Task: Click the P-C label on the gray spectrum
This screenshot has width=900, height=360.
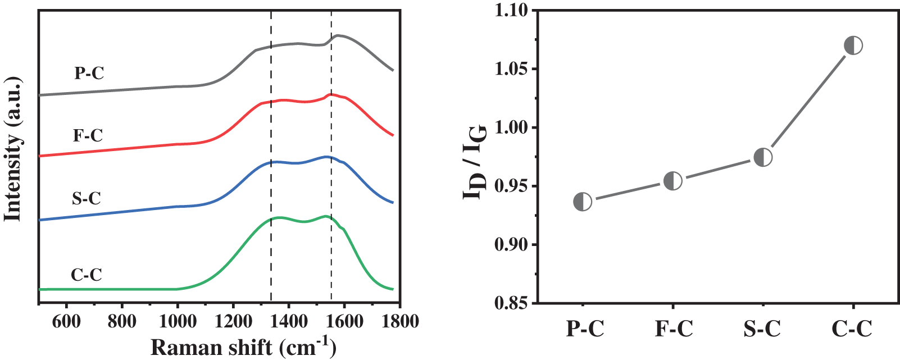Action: pos(89,73)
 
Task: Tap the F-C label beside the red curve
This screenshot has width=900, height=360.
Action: pos(88,135)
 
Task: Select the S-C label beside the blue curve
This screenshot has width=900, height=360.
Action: pos(87,198)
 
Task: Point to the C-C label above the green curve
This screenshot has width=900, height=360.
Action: pos(87,275)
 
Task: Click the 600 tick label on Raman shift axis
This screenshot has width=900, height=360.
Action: pos(66,321)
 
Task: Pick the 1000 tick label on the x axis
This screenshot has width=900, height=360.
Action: pos(177,321)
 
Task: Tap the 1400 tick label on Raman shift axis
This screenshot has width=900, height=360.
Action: pos(288,321)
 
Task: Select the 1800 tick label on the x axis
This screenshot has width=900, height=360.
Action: pos(399,321)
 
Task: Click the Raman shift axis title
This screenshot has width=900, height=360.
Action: pos(243,347)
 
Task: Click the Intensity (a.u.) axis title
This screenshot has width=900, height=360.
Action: pos(13,149)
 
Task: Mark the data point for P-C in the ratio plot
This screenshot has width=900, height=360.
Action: pos(583,202)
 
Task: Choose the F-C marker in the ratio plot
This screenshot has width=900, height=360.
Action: pos(673,181)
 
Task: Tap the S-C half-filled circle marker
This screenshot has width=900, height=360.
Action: pos(763,157)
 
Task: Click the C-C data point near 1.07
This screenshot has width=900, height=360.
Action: pos(853,45)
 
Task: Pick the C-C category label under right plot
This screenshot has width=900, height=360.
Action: pos(852,329)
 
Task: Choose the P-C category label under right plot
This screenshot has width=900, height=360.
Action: pos(585,329)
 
